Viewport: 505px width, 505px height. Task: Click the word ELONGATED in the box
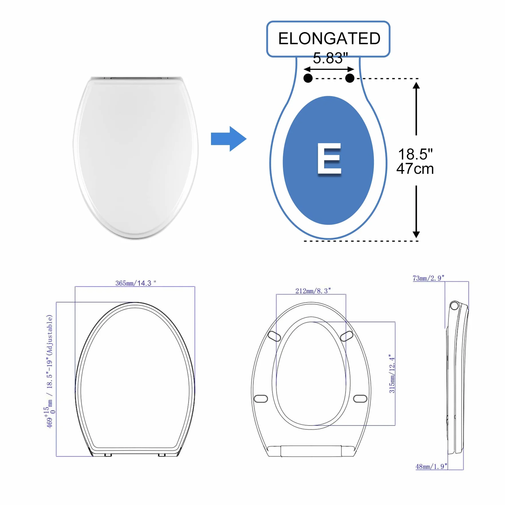[329, 38]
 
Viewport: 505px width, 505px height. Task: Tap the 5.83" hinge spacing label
[330, 58]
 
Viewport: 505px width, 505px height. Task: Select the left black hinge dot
[308, 78]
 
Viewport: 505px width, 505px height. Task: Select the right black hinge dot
[350, 78]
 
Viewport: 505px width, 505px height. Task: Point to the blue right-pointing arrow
[228, 139]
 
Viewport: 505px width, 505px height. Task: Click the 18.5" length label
[415, 154]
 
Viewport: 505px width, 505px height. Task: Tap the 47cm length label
[415, 169]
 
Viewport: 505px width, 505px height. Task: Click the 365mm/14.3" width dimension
[136, 283]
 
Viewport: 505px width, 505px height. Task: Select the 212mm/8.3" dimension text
[313, 291]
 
